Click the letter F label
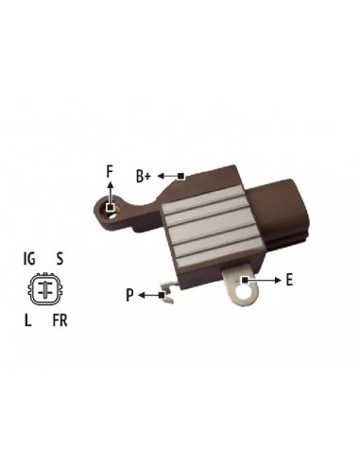coord(110,171)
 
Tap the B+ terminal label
coord(144,175)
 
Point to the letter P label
coord(129,297)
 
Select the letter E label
coord(288,280)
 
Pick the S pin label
coord(60,257)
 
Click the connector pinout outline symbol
coord(43,288)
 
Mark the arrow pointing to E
coord(264,280)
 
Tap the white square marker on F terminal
coord(111,207)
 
